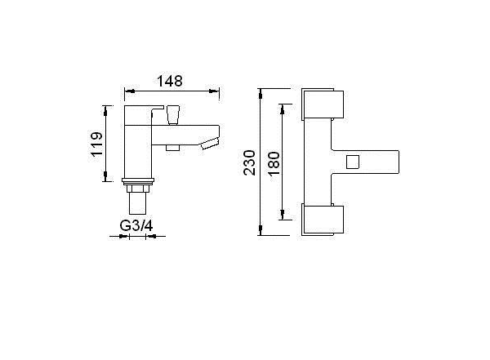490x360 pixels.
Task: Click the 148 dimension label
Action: point(170,81)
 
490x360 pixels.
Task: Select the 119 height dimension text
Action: point(96,144)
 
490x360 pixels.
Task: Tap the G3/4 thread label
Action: point(136,225)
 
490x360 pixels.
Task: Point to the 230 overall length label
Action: point(250,162)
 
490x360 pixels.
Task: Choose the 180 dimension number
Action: point(274,163)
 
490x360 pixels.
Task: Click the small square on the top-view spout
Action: point(353,162)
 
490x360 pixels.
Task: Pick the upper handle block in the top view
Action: point(323,104)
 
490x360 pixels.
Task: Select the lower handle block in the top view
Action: point(323,220)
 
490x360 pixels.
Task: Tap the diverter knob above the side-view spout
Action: point(174,115)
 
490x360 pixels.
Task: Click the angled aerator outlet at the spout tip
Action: point(210,144)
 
